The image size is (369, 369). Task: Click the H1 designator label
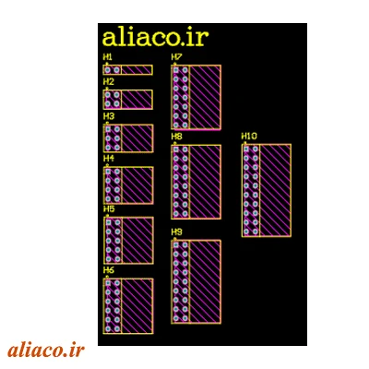point(108,57)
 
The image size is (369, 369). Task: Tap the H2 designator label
point(108,82)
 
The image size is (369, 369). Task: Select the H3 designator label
point(109,116)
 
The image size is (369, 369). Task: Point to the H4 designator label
point(109,159)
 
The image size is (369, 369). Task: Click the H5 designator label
point(109,209)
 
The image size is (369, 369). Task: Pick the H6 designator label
point(109,270)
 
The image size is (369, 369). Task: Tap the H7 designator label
point(177,57)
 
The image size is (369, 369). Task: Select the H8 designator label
point(177,137)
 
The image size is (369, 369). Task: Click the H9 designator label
point(177,232)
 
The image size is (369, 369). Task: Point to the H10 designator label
point(249,136)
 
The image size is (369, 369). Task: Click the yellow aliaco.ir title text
point(155,38)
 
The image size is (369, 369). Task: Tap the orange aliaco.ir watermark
point(46,351)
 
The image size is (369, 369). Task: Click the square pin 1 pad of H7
point(175,70)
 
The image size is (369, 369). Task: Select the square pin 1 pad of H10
point(246,149)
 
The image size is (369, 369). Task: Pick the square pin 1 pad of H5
point(108,222)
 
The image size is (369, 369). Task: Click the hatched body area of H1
point(137,70)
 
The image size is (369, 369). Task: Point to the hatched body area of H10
point(275,190)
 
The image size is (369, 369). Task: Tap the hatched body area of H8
point(205,182)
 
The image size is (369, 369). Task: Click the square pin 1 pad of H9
point(175,244)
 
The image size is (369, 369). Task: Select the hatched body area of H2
point(137,99)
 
